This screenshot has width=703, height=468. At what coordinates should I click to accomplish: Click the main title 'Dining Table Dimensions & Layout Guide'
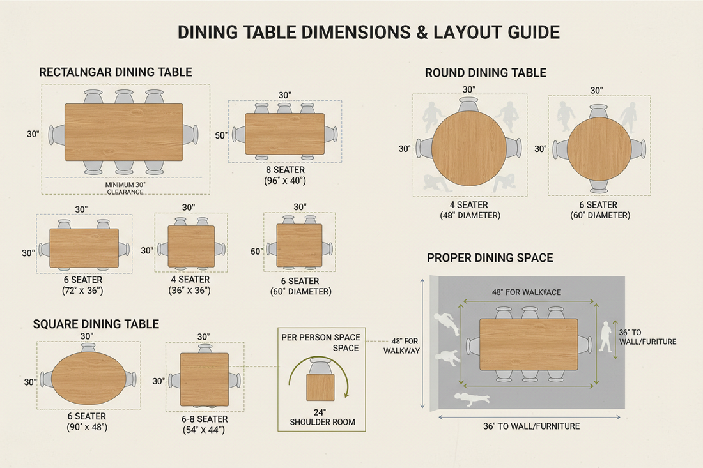point(369,32)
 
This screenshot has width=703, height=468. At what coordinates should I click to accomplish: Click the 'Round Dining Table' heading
point(486,73)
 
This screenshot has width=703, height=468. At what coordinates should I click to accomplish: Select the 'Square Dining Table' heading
point(96,324)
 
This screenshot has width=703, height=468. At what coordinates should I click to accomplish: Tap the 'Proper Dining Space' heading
point(490,258)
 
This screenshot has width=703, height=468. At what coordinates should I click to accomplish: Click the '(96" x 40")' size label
point(285,181)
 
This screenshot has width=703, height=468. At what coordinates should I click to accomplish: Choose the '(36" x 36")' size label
point(189,291)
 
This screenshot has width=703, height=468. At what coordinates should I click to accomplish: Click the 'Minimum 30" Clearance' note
point(125,188)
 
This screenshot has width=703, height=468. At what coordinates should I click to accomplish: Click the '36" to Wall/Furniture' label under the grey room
point(531,426)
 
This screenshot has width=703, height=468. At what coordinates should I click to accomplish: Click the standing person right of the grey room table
point(605,336)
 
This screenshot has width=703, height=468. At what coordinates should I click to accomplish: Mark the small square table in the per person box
point(320,387)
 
